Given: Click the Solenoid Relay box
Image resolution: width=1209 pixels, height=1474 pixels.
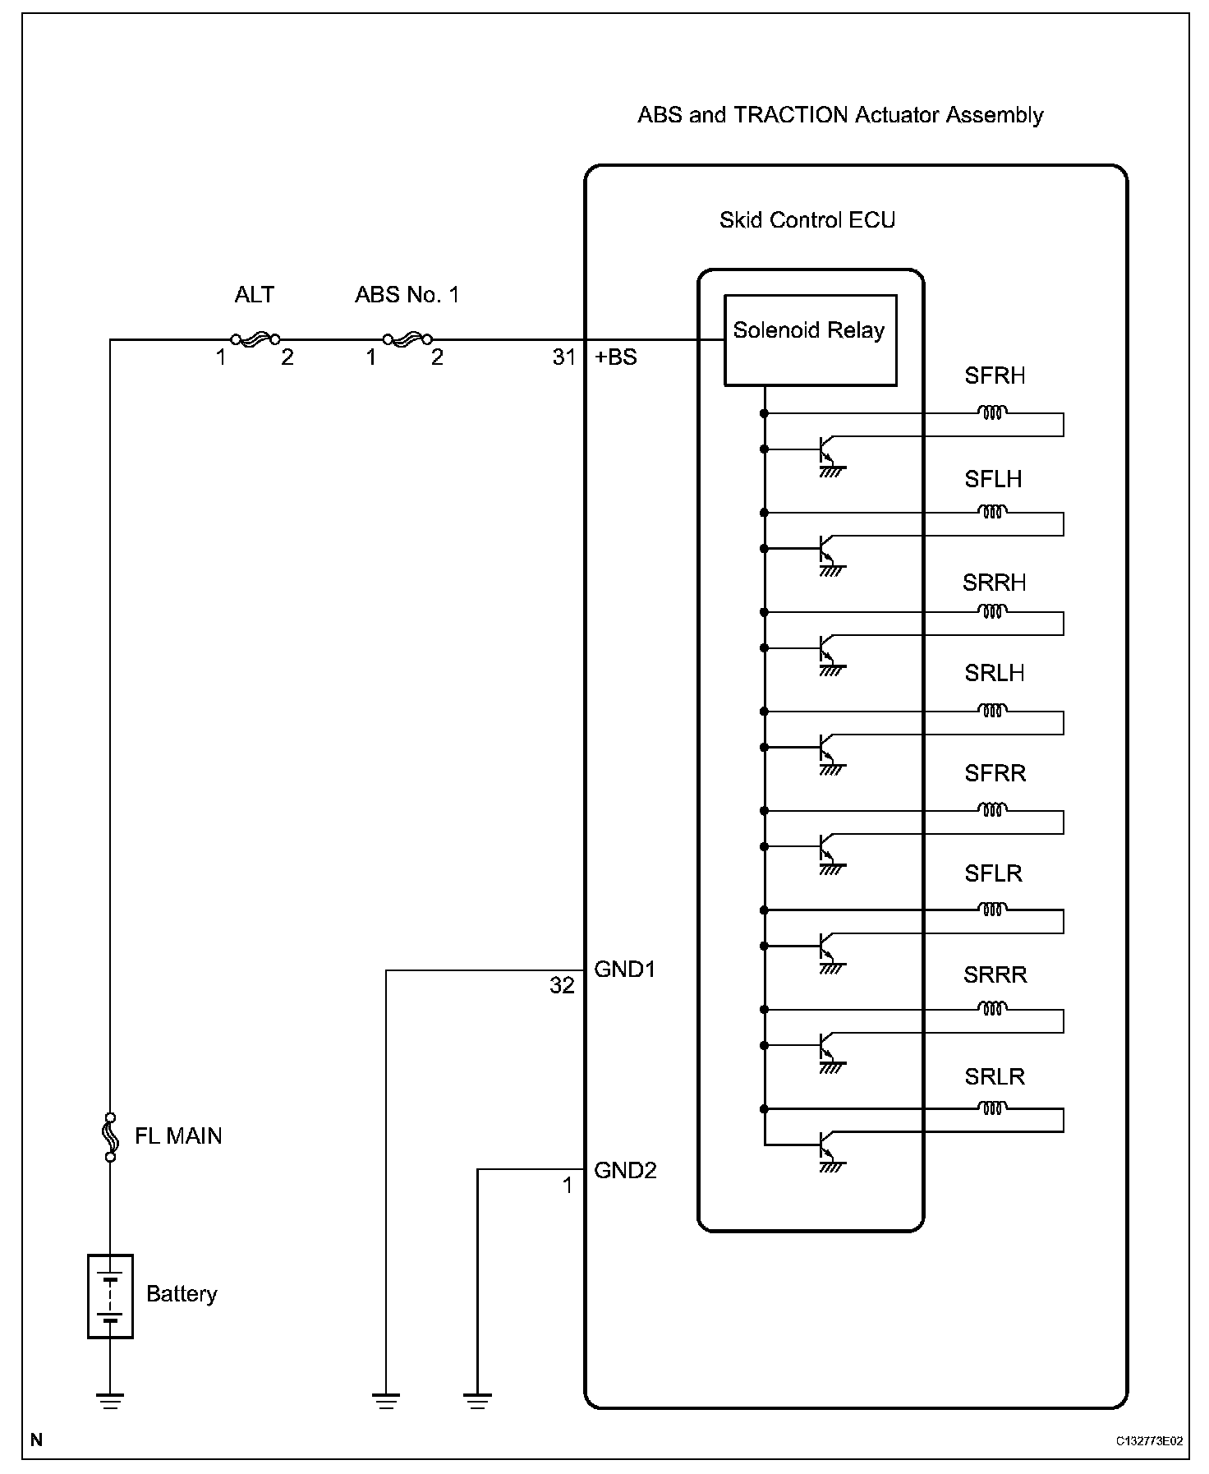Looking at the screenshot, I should tap(810, 339).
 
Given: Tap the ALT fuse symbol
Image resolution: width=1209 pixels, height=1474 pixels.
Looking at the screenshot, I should tap(255, 339).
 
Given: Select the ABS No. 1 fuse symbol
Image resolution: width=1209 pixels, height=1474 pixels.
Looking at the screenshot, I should tap(407, 339).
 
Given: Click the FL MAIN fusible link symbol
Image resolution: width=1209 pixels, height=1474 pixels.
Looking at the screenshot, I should tap(110, 1136).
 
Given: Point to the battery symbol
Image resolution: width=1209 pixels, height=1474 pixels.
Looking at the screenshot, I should tap(110, 1296).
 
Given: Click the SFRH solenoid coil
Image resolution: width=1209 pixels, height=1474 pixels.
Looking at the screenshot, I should tap(992, 412).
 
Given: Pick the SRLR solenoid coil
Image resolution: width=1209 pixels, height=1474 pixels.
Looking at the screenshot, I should tap(992, 1108).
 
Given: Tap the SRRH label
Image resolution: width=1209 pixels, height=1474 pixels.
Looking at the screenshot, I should tap(994, 583).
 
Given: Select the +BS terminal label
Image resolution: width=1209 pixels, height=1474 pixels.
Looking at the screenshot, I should tap(615, 357).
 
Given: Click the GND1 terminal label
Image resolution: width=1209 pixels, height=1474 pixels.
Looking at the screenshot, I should tap(624, 970).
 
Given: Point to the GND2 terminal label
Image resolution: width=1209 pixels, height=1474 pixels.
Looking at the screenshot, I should tap(625, 1170).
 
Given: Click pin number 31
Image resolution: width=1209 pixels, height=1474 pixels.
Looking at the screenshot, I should tap(564, 357).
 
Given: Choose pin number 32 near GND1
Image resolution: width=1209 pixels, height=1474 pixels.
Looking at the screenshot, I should tap(562, 985).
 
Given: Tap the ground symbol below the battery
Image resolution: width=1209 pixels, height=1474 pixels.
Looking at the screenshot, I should tap(110, 1400).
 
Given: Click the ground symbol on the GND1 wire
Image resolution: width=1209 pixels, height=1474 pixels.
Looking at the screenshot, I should tap(386, 1400).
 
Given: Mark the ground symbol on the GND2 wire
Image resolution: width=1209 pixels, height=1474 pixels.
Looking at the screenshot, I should tap(477, 1400).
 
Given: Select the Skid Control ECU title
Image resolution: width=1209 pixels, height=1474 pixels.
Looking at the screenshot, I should tap(807, 220).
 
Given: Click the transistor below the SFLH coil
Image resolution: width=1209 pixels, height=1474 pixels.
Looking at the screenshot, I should tap(828, 550).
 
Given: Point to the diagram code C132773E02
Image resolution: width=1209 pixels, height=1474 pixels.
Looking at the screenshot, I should tap(1149, 1441).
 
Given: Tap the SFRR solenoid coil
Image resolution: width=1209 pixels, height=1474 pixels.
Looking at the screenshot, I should tap(992, 810).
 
